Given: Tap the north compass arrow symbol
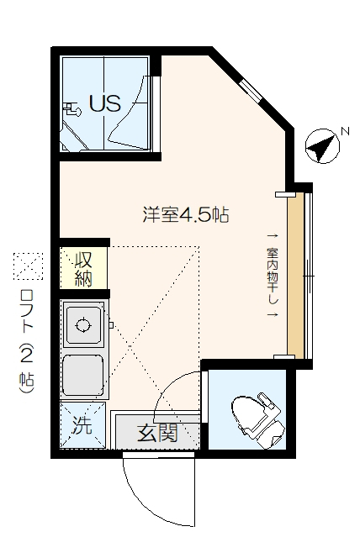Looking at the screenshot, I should [x=320, y=147].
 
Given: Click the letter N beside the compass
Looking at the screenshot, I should [x=343, y=131].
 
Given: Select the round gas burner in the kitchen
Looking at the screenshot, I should [x=82, y=324].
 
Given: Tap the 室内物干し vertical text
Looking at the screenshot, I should [x=273, y=274].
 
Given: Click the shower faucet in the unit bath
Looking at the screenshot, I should [x=71, y=107].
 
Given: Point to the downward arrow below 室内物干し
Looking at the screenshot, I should [x=273, y=314].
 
